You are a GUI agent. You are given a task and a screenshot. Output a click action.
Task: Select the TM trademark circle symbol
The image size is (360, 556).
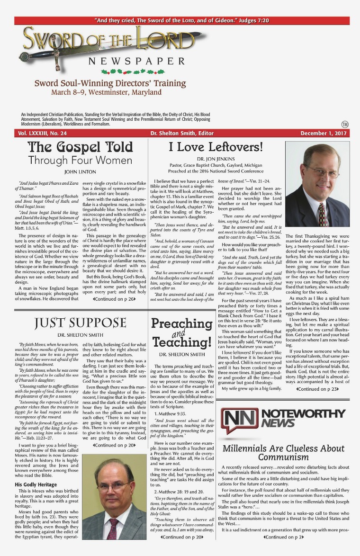pos(344,124)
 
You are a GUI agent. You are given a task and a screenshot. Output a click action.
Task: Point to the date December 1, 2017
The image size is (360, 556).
pos(324,134)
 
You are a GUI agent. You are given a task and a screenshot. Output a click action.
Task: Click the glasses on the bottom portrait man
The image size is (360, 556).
pos(114,487)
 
